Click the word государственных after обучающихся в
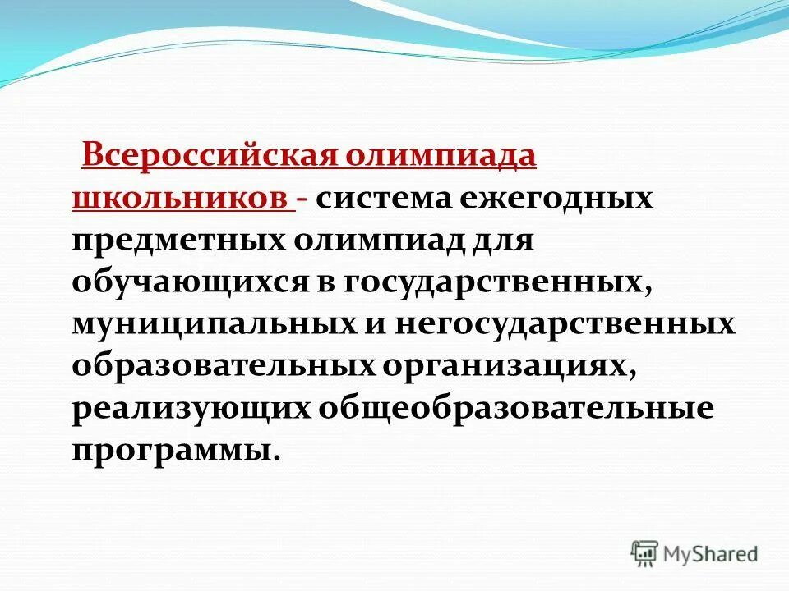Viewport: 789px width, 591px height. pos(496,283)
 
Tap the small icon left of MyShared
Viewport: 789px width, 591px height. pos(645,553)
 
